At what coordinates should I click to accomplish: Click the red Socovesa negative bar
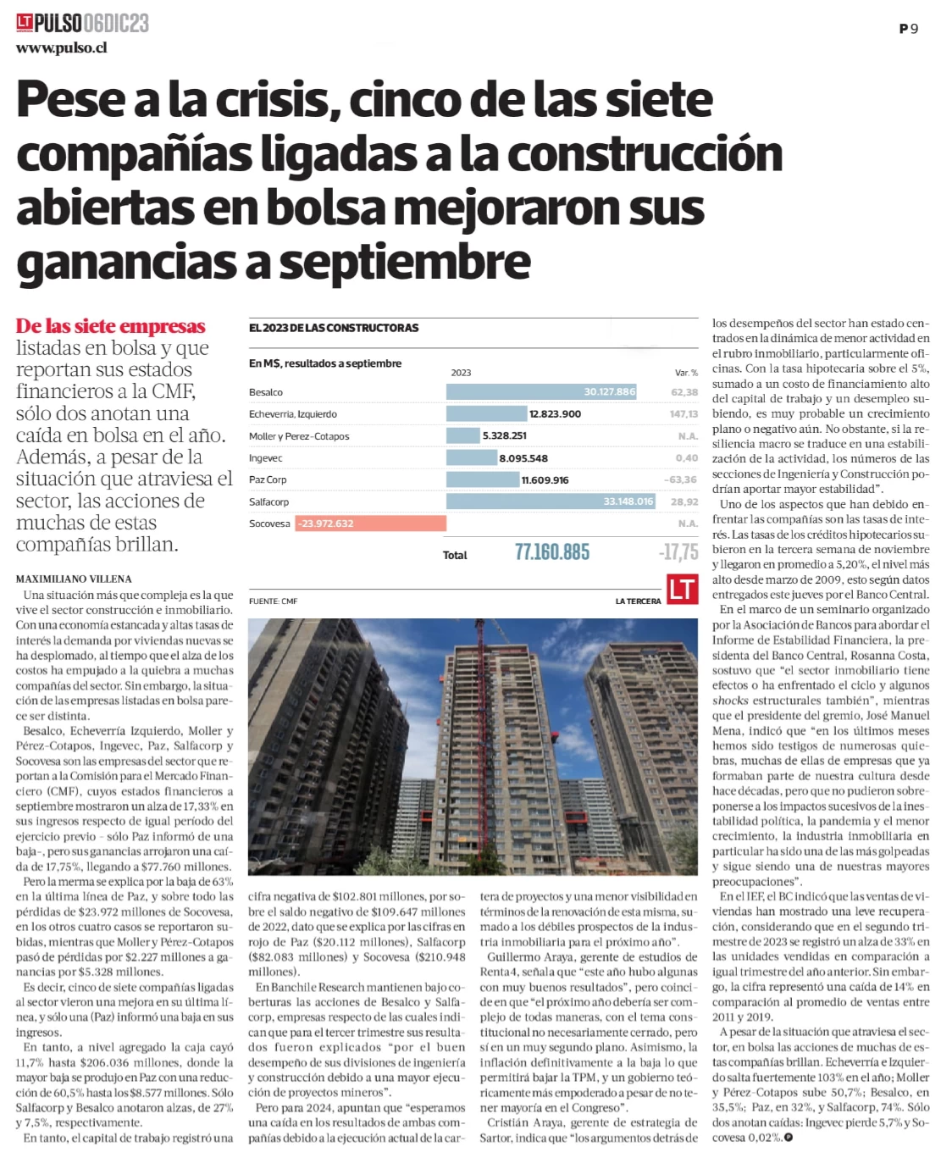[x=371, y=524]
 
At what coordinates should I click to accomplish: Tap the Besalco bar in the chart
[x=540, y=392]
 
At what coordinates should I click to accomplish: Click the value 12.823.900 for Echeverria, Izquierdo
[x=556, y=414]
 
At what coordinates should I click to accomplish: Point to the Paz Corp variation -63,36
[x=681, y=479]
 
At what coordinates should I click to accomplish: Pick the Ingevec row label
[x=266, y=458]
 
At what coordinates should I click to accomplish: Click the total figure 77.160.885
[x=552, y=553]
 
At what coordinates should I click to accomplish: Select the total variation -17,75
[x=678, y=553]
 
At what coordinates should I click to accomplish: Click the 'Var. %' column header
[x=686, y=373]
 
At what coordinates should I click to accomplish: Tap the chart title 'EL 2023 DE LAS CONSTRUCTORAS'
[x=334, y=328]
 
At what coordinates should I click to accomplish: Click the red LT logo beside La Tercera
[x=682, y=590]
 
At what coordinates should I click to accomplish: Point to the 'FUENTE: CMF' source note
[x=273, y=601]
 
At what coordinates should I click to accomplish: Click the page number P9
[x=908, y=29]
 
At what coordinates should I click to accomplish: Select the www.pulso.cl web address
[x=61, y=48]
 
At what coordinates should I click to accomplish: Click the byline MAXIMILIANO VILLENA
[x=74, y=579]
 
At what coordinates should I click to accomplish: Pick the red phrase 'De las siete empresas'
[x=111, y=326]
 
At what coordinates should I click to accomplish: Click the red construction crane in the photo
[x=489, y=720]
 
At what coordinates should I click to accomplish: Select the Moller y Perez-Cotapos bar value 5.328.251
[x=505, y=436]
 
